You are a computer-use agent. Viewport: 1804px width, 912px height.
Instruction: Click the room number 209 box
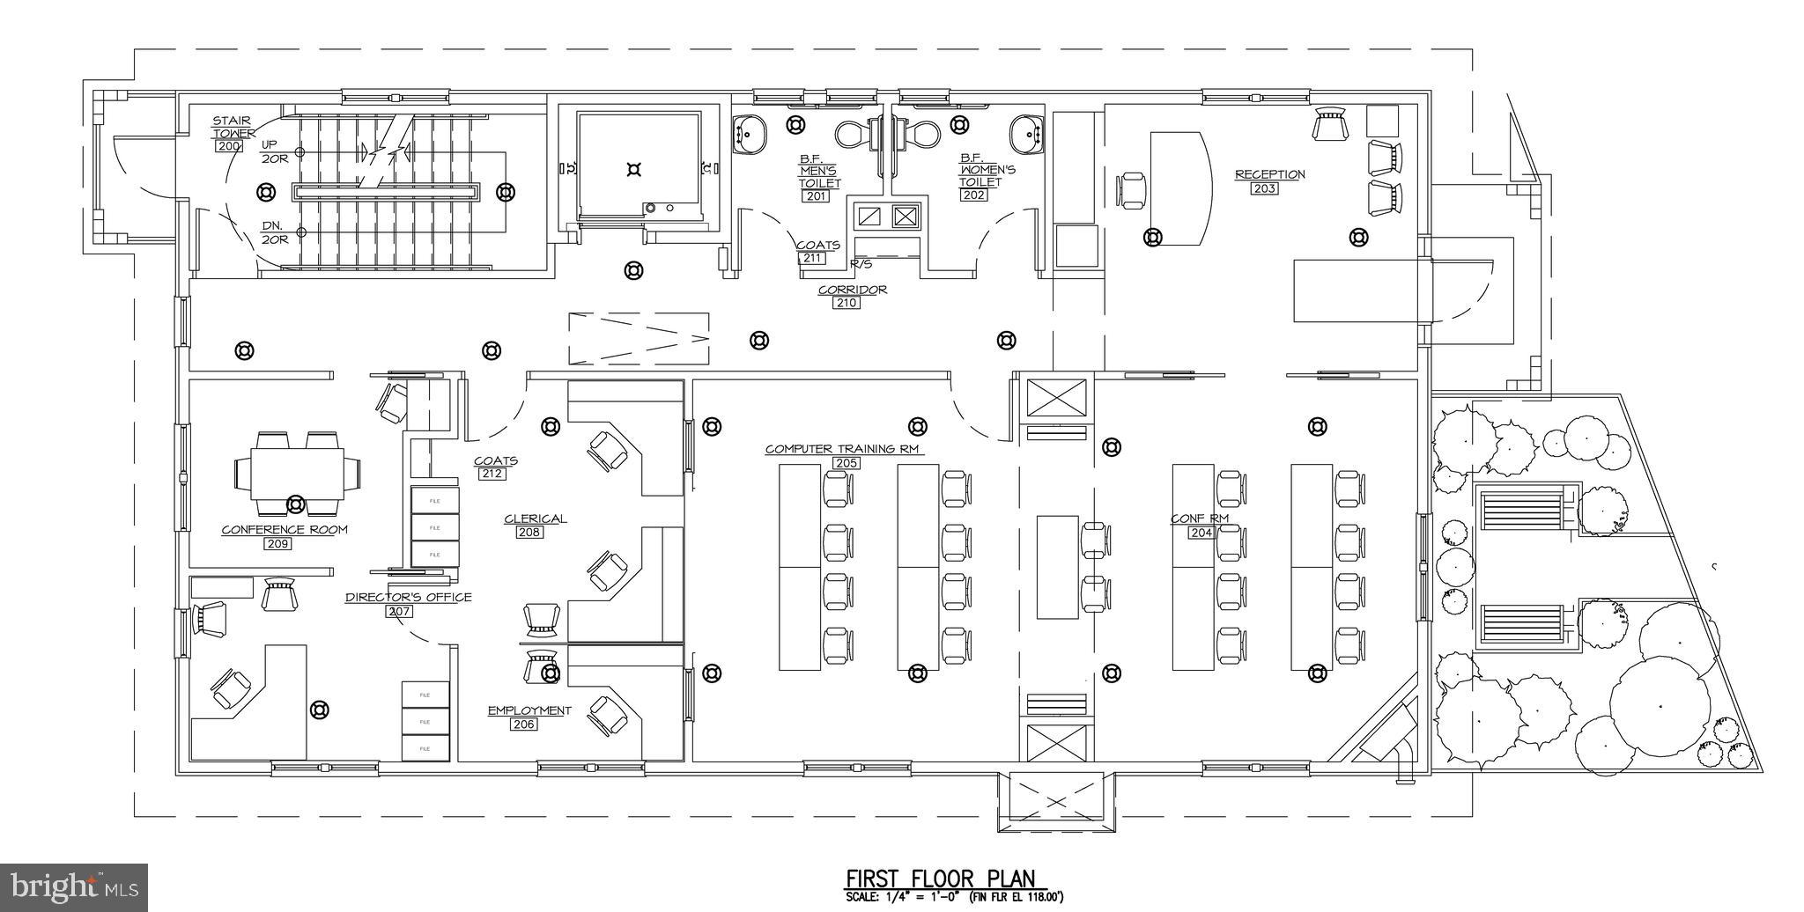277,544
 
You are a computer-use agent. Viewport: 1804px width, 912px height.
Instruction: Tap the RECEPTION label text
1269,174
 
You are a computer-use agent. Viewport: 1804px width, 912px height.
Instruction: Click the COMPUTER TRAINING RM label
842,449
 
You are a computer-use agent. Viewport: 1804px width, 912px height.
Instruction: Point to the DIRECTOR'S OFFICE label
408,597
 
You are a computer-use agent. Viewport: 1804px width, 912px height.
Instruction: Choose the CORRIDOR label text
852,290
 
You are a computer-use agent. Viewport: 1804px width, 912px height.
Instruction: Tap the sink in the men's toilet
750,135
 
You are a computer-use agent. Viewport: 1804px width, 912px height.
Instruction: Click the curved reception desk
1180,188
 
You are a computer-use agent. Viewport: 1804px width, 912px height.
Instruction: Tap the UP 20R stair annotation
270,151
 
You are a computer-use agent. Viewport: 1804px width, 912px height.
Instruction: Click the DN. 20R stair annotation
273,232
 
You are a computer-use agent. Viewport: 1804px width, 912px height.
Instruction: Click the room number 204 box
1201,533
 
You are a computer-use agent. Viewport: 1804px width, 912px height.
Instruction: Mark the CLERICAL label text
535,519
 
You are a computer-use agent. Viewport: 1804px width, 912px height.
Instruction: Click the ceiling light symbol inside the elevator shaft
632,169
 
